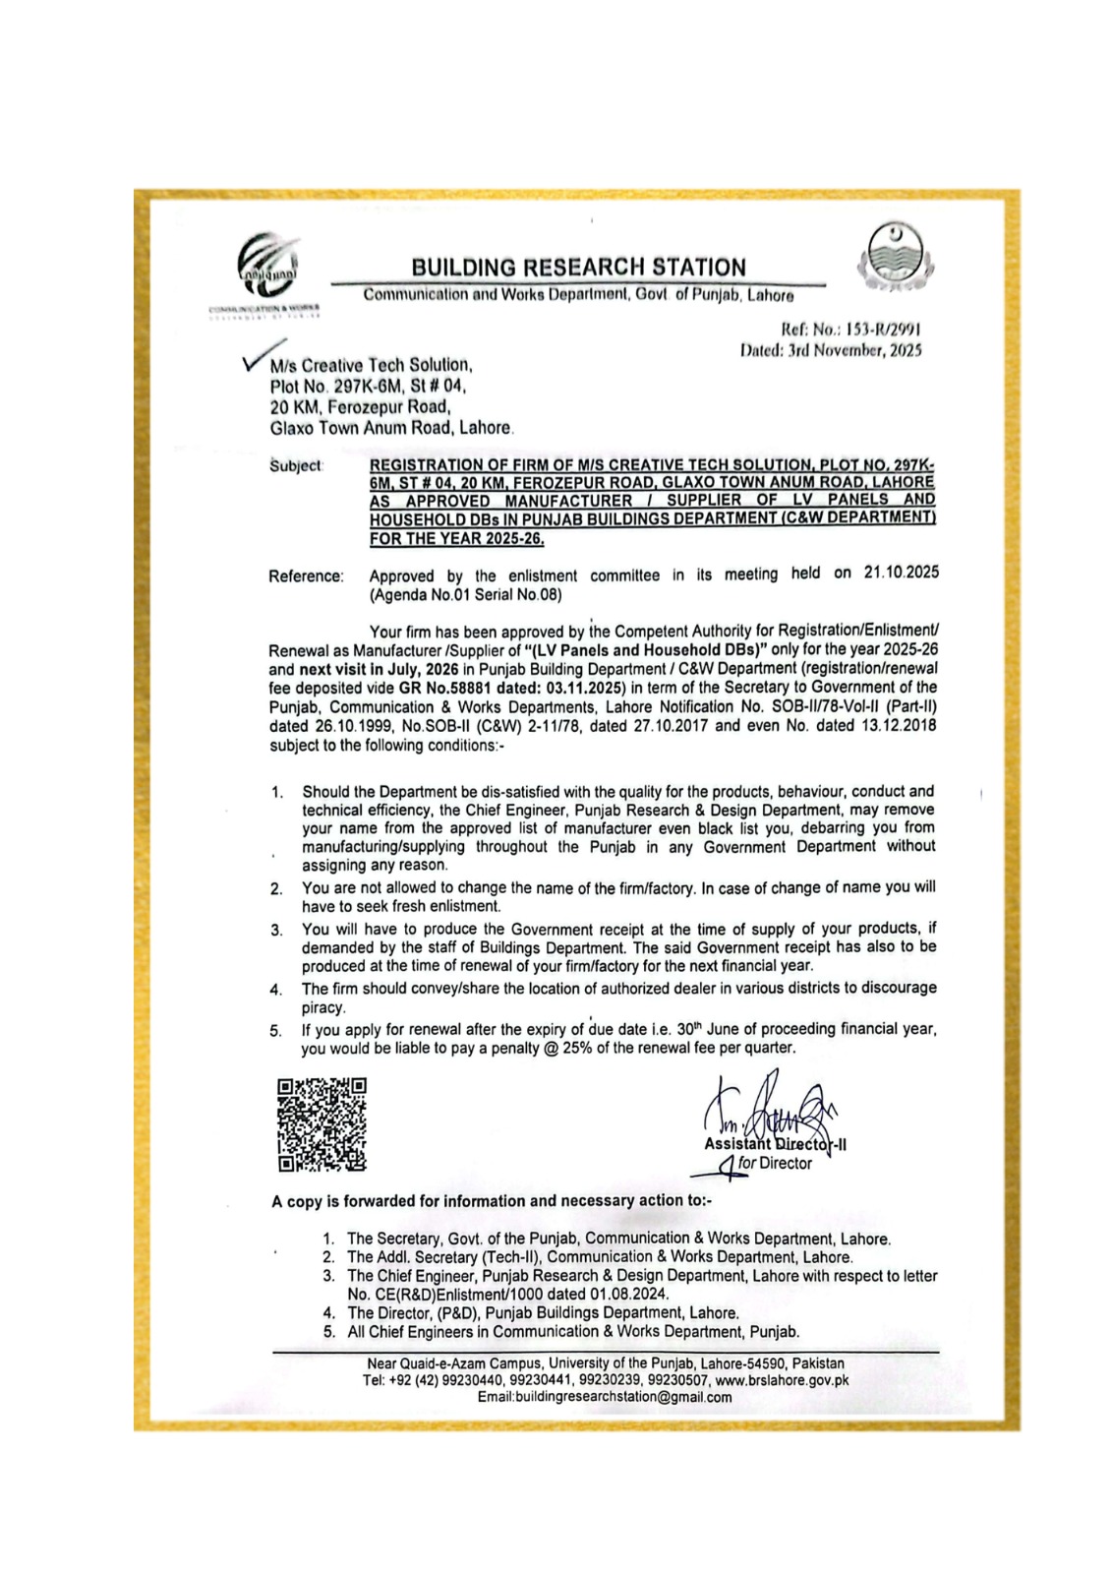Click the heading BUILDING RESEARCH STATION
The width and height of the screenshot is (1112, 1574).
[578, 267]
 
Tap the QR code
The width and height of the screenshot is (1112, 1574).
[322, 1124]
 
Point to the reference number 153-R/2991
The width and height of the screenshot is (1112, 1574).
[881, 331]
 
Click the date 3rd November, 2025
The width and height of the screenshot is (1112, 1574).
[854, 350]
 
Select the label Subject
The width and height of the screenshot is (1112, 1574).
[296, 465]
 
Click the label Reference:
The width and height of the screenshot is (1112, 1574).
[306, 575]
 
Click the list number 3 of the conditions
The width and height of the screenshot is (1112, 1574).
[277, 930]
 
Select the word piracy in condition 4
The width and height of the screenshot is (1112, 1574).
[322, 1008]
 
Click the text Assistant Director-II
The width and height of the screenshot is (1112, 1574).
[775, 1144]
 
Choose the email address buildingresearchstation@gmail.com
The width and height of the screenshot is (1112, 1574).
[604, 1397]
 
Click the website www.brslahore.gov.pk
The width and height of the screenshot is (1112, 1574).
[782, 1380]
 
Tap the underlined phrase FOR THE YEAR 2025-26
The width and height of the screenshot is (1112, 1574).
[456, 538]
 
